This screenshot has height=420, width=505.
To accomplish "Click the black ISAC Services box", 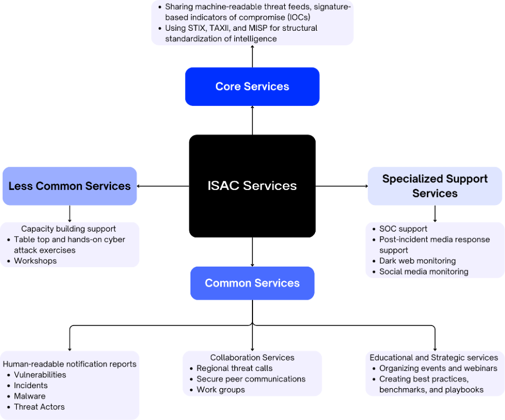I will point(252,186).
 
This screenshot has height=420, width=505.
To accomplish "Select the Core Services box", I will point(252,86).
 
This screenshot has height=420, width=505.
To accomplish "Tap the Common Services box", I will point(252,283).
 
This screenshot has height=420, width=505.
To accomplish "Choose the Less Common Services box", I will point(70,186).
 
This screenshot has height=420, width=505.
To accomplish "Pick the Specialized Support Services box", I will point(435,186).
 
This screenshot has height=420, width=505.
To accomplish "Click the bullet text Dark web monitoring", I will point(417,261).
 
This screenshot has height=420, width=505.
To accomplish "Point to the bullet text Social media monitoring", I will point(424,272).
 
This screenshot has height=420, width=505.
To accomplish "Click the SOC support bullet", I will point(403,229).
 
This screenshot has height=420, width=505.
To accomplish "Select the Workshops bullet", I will point(35,261).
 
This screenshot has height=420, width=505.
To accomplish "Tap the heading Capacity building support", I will point(69,229).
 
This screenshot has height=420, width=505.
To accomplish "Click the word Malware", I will point(30,396).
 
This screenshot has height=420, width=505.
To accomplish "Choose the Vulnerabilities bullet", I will point(40,375).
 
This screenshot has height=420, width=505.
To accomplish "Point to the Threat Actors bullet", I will point(39,407).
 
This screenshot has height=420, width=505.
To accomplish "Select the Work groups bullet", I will point(221,390).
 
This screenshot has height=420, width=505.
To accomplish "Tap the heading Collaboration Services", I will point(252,357).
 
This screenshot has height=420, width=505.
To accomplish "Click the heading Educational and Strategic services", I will point(434,357).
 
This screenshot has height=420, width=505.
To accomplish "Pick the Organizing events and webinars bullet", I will point(438,368).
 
